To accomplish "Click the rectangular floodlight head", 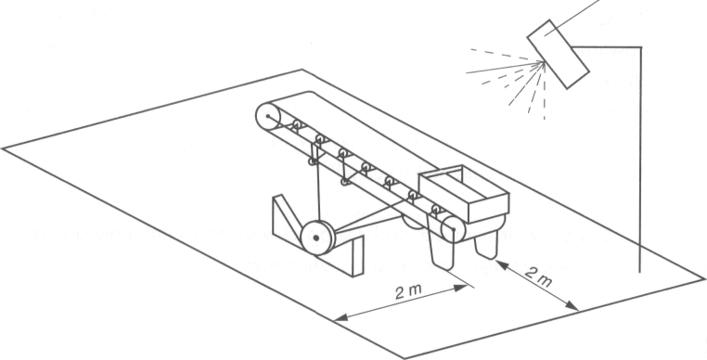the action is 559,54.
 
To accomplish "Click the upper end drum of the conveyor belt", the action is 268,117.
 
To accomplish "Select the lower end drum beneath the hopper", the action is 453,229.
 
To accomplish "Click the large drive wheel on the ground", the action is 317,238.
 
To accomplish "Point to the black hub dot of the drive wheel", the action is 316,238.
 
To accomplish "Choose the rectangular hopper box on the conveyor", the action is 464,193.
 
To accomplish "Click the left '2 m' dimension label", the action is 407,292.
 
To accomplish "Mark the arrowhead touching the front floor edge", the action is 341,317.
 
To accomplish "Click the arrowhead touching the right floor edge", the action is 572,306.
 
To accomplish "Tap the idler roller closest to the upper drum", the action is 297,124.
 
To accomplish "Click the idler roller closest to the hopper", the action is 436,209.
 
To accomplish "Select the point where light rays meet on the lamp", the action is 544,63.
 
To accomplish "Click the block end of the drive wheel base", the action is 357,256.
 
